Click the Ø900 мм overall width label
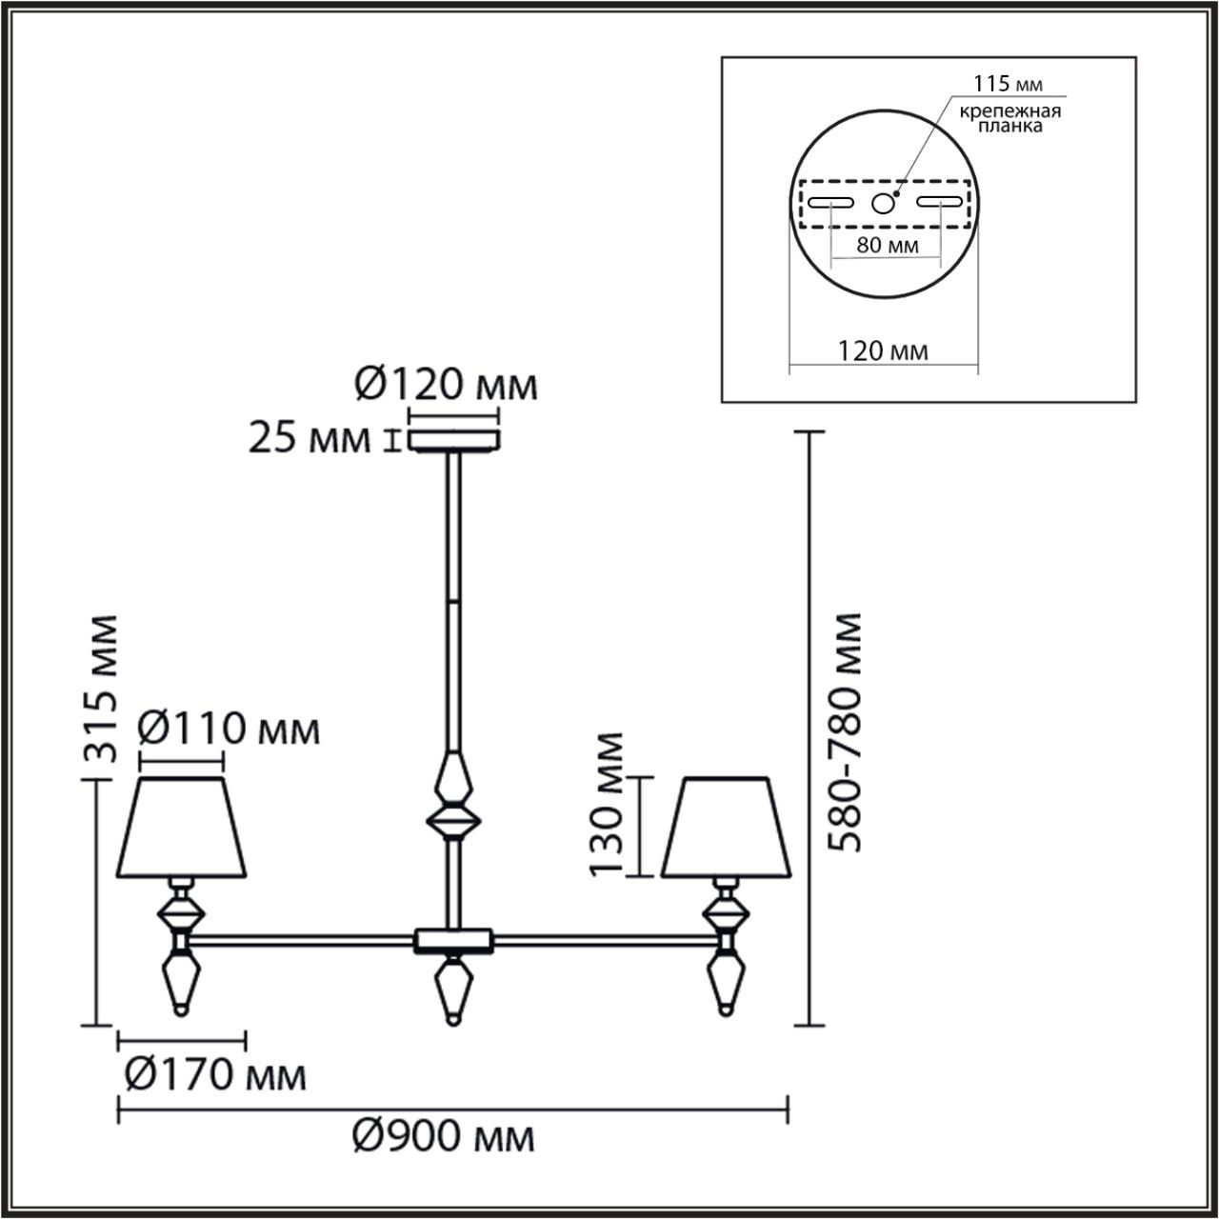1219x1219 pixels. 443,1136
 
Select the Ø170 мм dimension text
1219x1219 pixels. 216,1075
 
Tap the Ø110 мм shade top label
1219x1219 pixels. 229,730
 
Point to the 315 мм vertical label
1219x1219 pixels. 101,688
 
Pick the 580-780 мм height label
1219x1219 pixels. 844,731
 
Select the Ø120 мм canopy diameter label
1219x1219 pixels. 446,386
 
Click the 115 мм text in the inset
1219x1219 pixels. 1000,85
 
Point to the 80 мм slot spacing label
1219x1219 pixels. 887,245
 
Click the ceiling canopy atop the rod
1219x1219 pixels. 453,441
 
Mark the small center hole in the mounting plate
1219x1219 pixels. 884,202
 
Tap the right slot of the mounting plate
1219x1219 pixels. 939,202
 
